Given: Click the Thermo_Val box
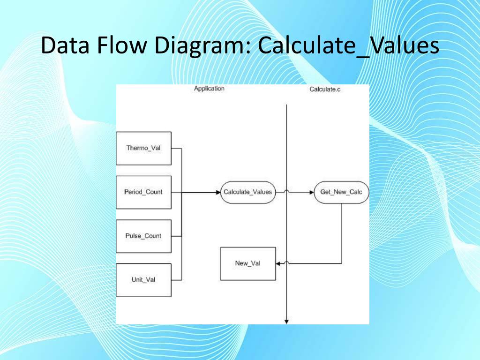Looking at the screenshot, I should tap(143, 148).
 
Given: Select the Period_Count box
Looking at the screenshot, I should tap(143, 192).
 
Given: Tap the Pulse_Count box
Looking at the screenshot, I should tap(143, 236).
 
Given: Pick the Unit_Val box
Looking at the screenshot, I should tap(143, 280).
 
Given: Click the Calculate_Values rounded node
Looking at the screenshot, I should tap(247, 192).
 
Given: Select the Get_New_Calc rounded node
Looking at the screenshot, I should tap(341, 192).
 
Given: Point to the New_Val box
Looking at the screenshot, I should tap(247, 263).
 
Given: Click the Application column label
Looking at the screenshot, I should tap(209, 89).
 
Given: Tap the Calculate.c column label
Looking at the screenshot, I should tap(325, 89).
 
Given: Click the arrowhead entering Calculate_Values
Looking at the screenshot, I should tap(218, 192).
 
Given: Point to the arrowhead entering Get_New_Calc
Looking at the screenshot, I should tap(311, 192).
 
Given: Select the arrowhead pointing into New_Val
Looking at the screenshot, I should tap(278, 263).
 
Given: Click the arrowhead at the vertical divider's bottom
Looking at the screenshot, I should tap(286, 321).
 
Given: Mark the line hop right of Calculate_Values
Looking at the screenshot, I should tap(286, 191).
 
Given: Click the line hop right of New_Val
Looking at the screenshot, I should tap(286, 262).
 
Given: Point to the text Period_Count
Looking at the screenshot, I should tap(143, 192).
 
